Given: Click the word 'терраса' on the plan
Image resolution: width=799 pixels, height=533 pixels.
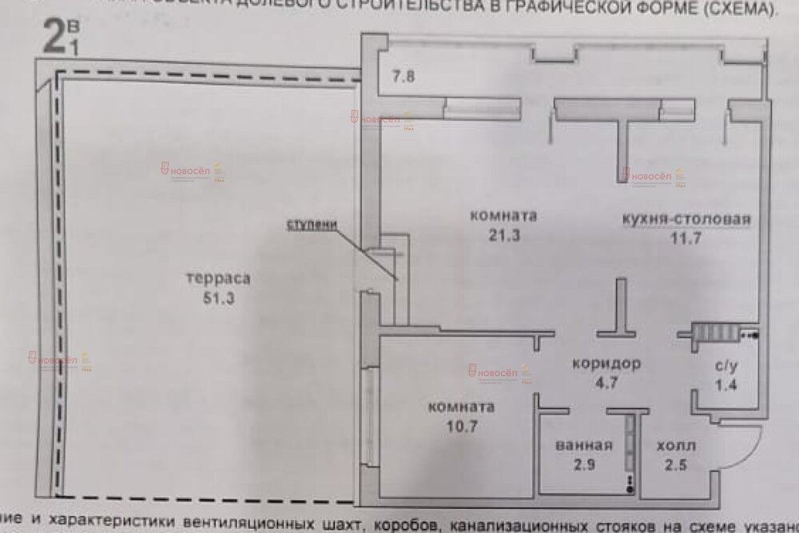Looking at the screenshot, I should [x=217, y=280].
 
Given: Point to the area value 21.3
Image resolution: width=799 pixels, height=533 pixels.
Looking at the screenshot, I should [x=503, y=234].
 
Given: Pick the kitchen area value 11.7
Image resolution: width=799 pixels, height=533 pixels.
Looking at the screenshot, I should [x=686, y=237].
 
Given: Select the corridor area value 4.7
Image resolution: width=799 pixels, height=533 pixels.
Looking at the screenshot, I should [x=606, y=381].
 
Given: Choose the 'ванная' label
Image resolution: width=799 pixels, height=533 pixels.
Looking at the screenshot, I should [x=585, y=446].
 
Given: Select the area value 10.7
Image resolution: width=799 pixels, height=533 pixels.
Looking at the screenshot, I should [x=461, y=425].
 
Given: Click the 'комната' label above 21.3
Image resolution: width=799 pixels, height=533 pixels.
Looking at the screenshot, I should [x=503, y=216].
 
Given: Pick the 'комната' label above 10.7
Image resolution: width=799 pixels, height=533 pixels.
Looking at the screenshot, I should [x=461, y=407].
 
